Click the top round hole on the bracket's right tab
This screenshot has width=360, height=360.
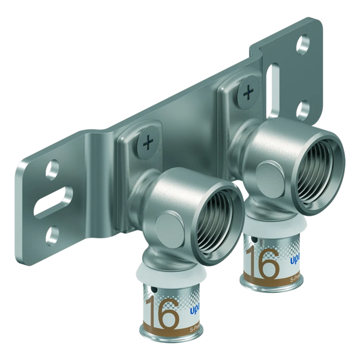point(304,43)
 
